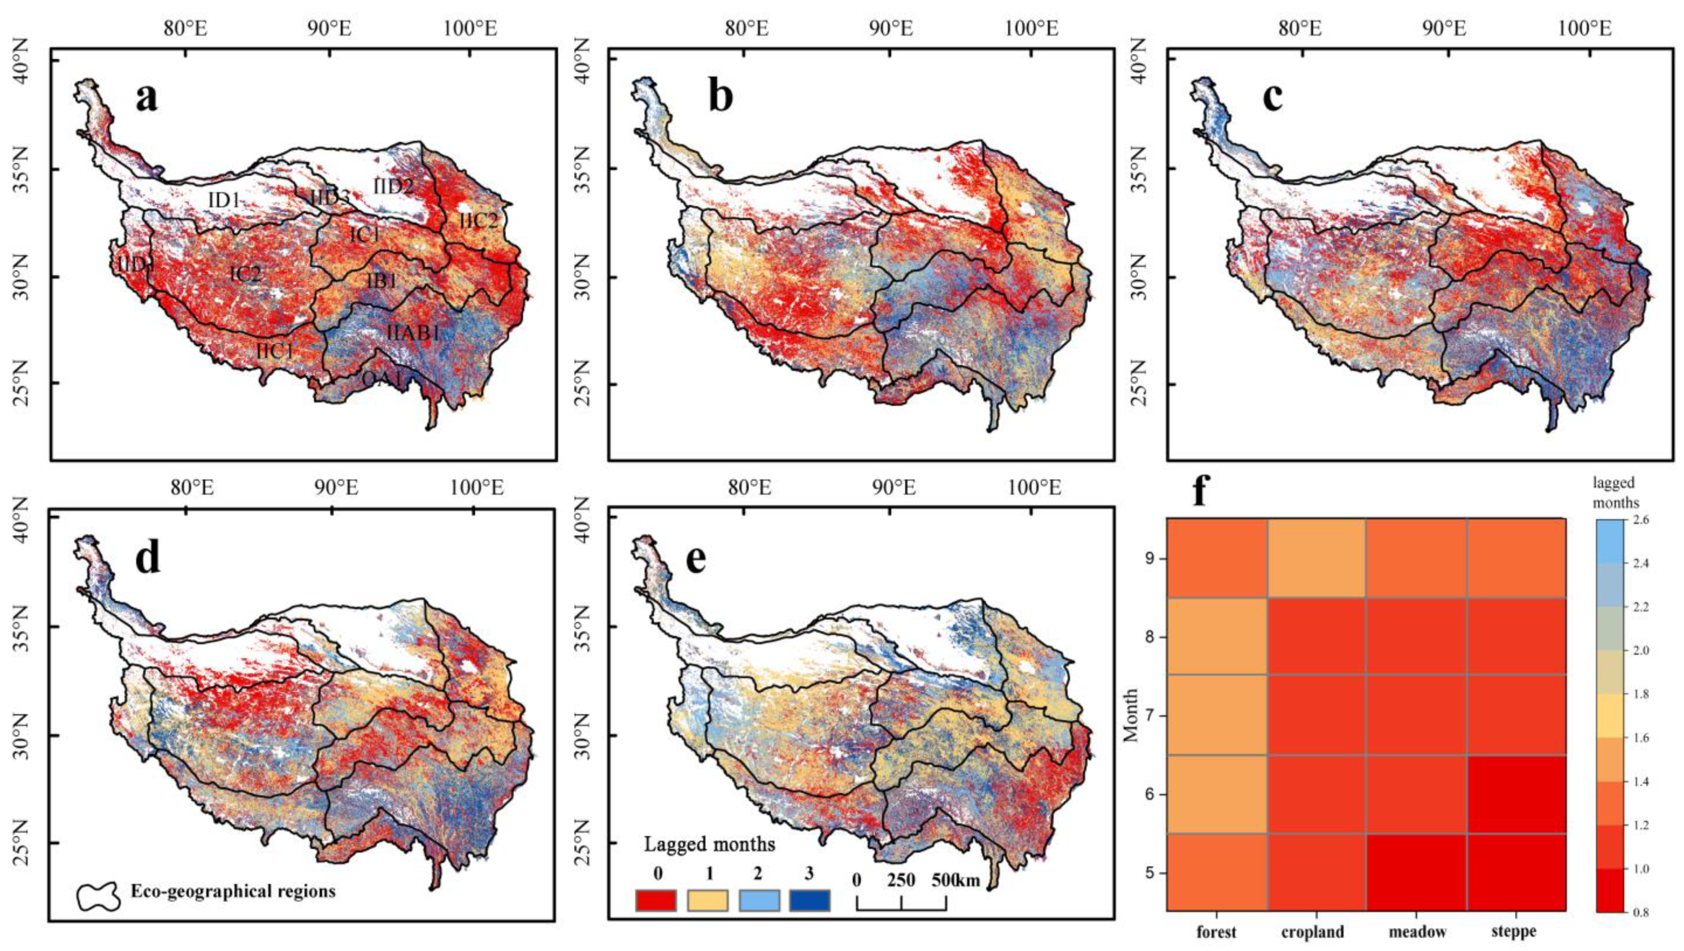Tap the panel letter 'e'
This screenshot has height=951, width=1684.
click(695, 560)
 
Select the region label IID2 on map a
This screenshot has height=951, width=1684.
click(394, 185)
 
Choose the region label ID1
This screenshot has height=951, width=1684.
click(224, 201)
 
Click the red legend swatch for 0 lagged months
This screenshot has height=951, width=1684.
click(655, 900)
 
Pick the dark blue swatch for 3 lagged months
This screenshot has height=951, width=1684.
click(809, 900)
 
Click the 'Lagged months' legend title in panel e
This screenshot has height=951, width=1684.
click(709, 844)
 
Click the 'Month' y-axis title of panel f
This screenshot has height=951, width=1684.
click(1130, 715)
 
